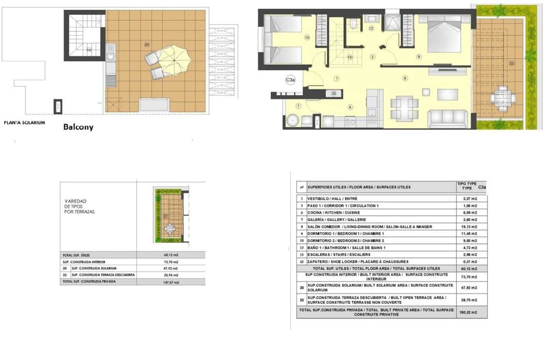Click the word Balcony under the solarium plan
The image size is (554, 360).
coord(78,127)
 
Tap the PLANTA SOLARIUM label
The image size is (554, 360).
coord(24,123)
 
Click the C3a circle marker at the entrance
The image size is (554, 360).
coord(291,80)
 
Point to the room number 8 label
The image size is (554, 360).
coord(405,78)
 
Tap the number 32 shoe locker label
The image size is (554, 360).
coord(334,93)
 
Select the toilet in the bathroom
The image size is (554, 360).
coord(354,24)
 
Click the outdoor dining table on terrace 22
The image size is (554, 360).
coord(503,98)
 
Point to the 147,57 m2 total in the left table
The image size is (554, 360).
coord(171,282)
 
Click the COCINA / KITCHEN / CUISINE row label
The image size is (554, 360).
coord(334,213)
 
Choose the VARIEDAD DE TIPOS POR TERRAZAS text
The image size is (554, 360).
coord(79,206)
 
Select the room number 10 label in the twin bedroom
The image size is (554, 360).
coord(307,37)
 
